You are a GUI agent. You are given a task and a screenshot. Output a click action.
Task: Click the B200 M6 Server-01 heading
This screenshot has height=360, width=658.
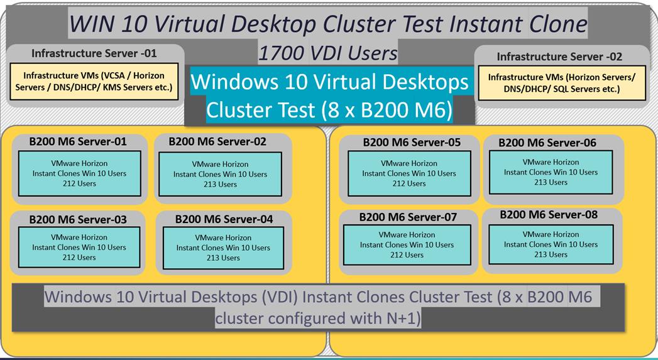pos(78,141)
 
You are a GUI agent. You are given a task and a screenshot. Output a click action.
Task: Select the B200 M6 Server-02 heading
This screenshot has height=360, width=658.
pos(217,141)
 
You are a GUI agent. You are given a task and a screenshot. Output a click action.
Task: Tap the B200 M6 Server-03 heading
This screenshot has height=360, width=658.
pos(78,219)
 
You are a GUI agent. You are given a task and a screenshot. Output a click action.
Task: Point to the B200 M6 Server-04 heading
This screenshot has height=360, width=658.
pos(224,219)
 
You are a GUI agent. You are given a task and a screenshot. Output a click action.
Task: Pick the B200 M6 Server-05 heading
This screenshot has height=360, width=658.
pos(412,142)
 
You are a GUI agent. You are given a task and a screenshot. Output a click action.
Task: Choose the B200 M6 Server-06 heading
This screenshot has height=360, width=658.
pos(547,143)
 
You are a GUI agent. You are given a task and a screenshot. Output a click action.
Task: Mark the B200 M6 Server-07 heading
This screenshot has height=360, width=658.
pos(408,217)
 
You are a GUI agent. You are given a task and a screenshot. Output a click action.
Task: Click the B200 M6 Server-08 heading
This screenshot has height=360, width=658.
pos(549,215)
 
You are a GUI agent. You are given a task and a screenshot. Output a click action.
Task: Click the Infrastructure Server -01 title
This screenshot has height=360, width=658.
pos(94,53)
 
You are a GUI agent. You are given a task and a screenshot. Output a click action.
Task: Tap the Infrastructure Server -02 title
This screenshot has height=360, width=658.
pos(559,57)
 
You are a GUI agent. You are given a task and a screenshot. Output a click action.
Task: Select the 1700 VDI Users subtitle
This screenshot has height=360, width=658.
pos(327,53)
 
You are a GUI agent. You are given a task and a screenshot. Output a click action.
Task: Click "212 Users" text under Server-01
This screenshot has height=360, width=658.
pos(79,183)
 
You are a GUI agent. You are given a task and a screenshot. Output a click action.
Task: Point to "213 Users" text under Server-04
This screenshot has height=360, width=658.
pos(223,258)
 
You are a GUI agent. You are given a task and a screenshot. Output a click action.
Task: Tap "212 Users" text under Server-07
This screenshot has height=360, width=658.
pos(407,254)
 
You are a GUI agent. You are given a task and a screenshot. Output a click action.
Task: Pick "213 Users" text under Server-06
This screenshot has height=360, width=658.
pos(551,182)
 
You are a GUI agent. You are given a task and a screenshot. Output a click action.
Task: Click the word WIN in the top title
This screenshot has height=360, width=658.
pos(92,24)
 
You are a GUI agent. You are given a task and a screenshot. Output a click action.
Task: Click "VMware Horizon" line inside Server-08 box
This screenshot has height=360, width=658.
pos(551,234)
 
